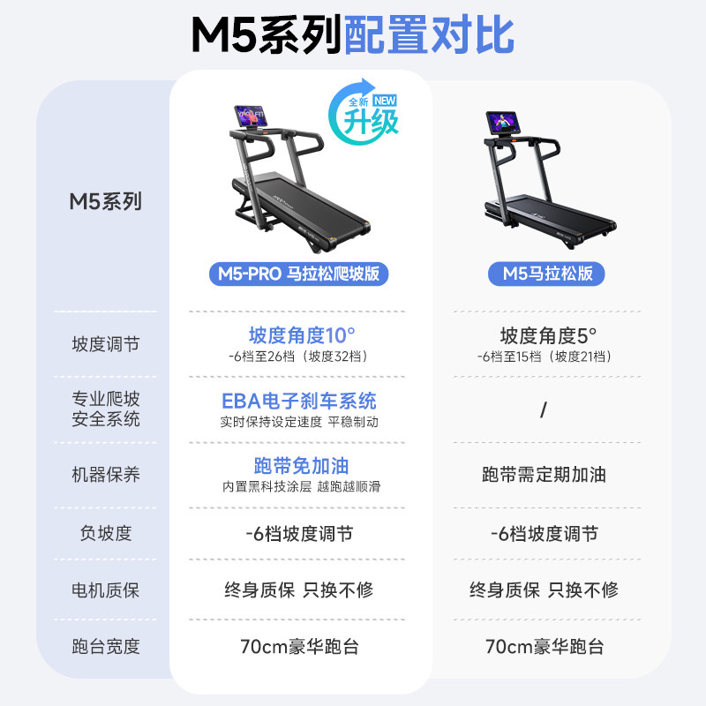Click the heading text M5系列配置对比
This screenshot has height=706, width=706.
pos(353,35)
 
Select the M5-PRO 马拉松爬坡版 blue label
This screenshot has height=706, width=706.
pos(299,274)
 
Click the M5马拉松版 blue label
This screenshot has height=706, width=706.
pos(547,274)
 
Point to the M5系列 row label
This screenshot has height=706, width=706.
pos(105,201)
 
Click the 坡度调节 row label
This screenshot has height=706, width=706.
pos(105,344)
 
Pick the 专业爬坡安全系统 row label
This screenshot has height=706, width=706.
pos(105,409)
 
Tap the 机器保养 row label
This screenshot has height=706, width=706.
pos(105,475)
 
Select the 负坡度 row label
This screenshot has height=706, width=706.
pos(105,533)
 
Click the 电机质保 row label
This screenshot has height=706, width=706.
pos(105,590)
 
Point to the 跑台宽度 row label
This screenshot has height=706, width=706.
pos(105,646)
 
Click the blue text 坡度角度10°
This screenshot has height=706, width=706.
pos(301,335)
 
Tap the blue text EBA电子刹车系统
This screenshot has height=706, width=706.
pos(299,401)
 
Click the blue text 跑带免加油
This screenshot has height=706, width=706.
pos(299,466)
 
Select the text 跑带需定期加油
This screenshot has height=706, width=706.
pos(544,475)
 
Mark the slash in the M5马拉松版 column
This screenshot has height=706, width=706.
pos(544,409)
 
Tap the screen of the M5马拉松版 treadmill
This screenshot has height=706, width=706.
pos(507,124)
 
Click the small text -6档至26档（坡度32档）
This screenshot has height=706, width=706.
pos(299,357)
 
